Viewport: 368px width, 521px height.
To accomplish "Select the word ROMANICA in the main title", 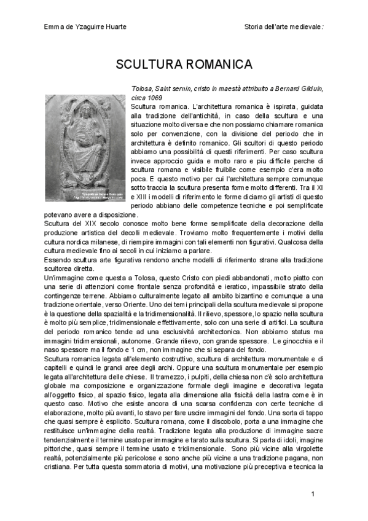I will pyautogui.click(x=213, y=65).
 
